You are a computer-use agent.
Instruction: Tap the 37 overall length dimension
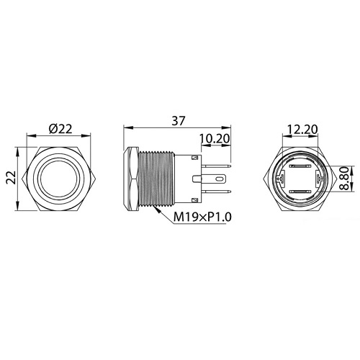[x=175, y=120]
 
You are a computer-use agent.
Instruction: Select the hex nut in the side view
[x=131, y=179]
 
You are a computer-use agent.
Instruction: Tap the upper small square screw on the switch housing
[x=196, y=157]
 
